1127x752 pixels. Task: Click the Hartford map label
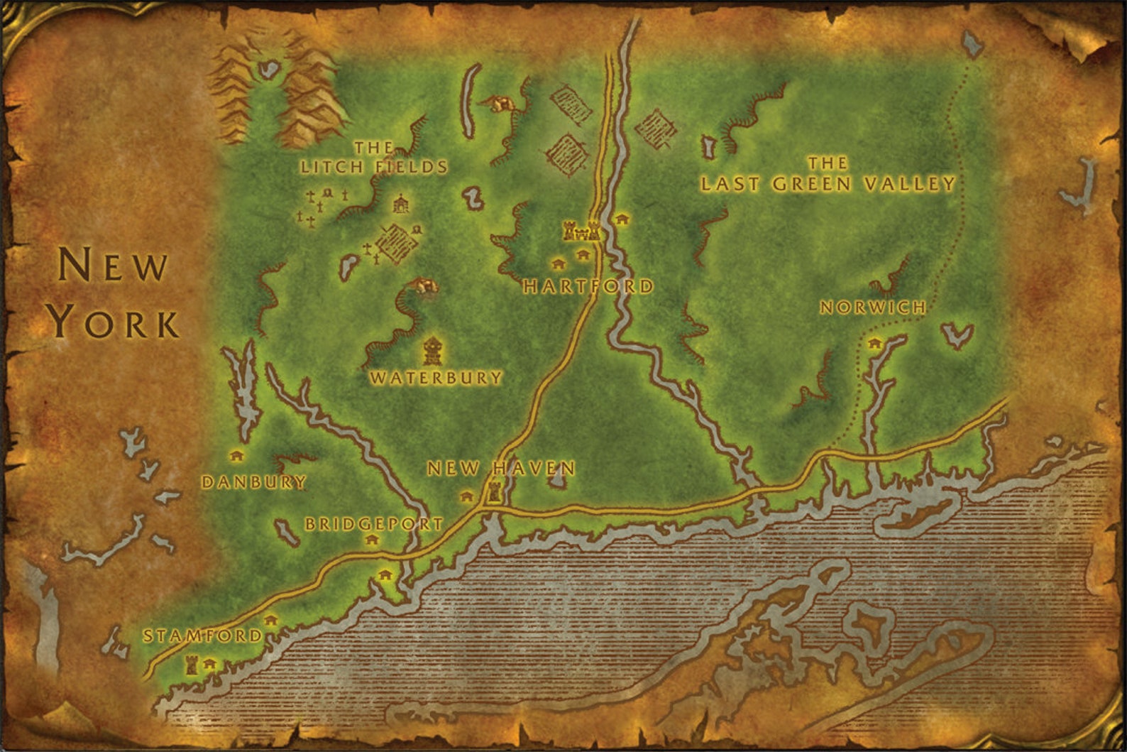point(588,286)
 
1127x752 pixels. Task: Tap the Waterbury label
point(436,378)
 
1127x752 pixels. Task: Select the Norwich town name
point(873,307)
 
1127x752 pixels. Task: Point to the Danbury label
point(254,482)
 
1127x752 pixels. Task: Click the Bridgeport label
point(374,524)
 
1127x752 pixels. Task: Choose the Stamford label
point(203,636)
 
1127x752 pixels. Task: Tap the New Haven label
point(501,469)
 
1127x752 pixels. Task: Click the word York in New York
point(114,322)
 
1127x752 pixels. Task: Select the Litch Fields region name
point(374,158)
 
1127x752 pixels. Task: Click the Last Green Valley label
point(828,175)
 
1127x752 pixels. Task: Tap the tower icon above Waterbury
point(431,350)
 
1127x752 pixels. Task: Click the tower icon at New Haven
point(493,491)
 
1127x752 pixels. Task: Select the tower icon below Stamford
point(191,665)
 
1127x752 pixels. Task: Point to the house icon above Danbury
point(237,456)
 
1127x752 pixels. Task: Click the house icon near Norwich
point(874,344)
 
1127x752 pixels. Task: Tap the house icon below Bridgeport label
point(371,540)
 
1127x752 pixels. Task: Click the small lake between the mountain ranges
point(268,69)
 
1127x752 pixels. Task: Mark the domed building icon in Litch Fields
point(401,204)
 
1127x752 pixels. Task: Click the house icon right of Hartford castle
point(622,219)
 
